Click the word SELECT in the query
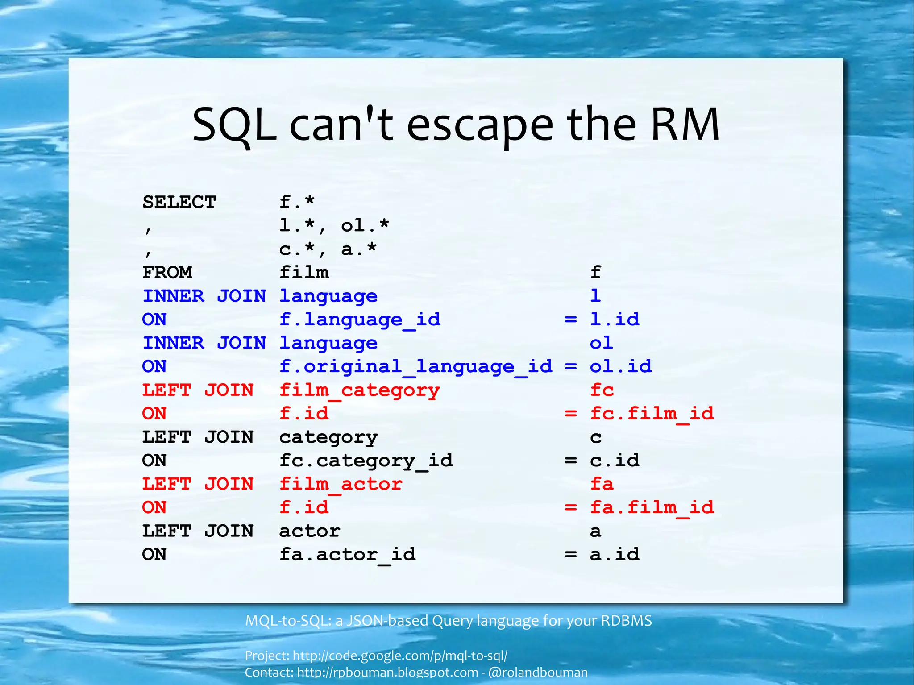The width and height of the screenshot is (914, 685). coord(179,202)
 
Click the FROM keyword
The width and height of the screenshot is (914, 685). coord(167,272)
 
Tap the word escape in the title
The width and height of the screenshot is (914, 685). coord(480,125)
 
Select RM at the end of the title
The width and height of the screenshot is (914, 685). coord(685,125)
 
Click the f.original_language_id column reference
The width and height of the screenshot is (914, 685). coord(415,366)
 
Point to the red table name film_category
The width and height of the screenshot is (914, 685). coord(359,390)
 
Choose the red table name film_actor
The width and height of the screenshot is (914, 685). coord(341,484)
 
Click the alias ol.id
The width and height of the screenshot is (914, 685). coord(620,366)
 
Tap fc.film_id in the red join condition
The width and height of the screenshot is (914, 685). coord(652,414)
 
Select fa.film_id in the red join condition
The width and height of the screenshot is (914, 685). coord(652,507)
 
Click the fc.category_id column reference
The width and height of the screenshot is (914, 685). coord(366,461)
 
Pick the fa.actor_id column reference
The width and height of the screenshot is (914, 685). coord(347,555)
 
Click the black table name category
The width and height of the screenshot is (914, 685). coord(328,437)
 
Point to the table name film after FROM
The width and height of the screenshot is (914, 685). coord(304,272)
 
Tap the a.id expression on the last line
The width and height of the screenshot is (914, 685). coord(615,555)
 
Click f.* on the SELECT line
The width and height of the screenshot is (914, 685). coord(297,202)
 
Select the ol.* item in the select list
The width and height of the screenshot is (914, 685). coord(365,226)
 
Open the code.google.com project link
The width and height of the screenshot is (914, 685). coord(400,655)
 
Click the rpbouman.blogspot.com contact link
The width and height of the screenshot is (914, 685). coord(387,672)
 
